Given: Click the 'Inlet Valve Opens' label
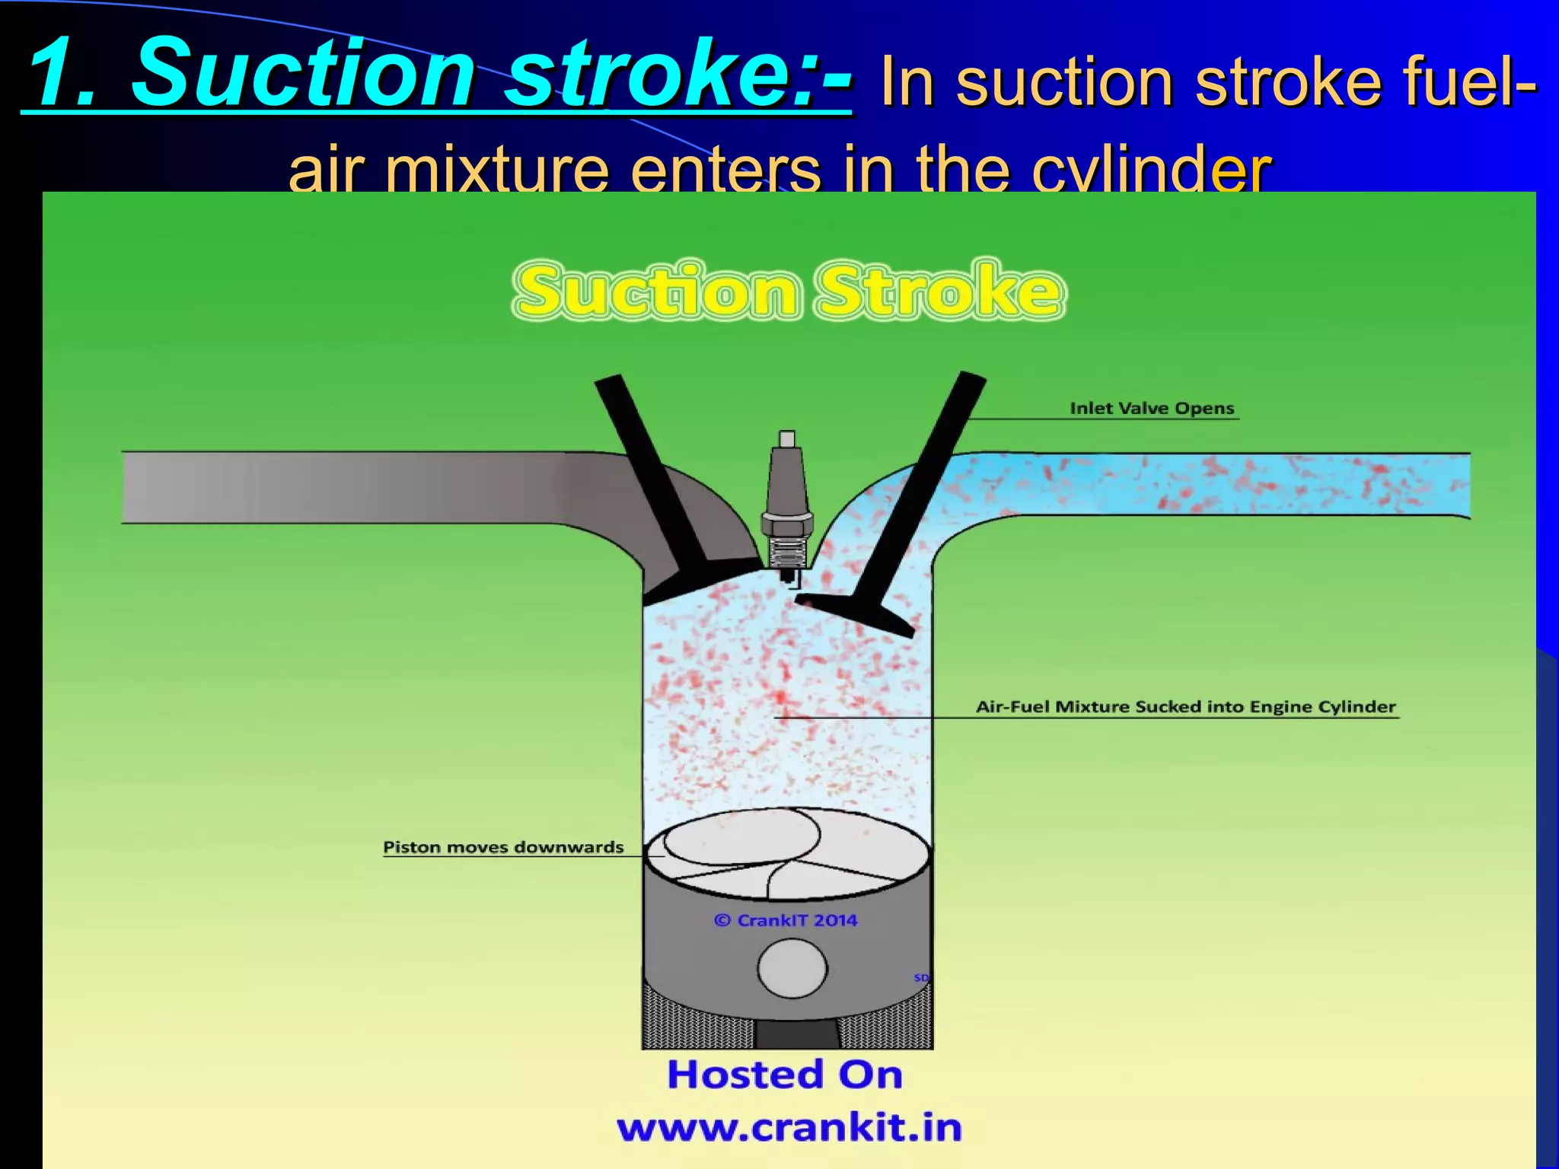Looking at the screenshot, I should pos(1152,408).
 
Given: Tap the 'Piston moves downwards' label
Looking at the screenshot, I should pos(503,847).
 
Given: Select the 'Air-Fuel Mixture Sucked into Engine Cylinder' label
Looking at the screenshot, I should pos(1186,706).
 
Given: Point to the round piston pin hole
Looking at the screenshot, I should pos(792,968).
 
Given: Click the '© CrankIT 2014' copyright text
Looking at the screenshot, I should pos(786,920).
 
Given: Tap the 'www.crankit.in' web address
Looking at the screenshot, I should pos(789,1127).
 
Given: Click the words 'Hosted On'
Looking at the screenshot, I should pos(785,1075).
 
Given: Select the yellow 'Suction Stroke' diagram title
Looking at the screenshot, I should pos(788,290).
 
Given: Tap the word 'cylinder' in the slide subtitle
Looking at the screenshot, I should pos(1151,169).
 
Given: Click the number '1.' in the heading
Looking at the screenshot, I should pos(65,75).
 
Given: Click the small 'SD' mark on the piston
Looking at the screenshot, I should pos(921,977).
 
